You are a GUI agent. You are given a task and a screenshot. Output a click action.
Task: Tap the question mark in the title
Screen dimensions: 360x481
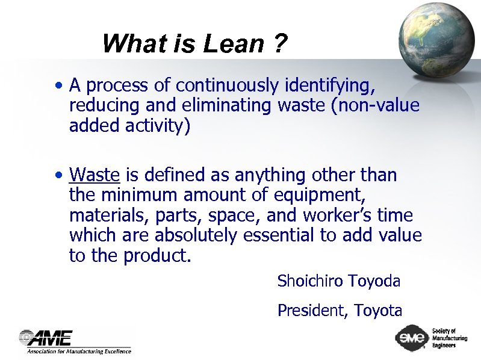280,44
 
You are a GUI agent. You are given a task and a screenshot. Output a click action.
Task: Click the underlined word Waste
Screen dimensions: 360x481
95,175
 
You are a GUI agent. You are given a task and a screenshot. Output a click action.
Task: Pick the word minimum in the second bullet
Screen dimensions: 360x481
135,195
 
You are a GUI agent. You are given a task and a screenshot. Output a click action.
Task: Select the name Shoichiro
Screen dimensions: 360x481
310,281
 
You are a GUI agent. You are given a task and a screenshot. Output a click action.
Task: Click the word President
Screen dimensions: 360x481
312,311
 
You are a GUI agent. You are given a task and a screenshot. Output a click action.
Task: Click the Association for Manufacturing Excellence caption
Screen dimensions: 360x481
78,350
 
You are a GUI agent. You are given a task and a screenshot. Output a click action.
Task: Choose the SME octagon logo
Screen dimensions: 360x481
412,338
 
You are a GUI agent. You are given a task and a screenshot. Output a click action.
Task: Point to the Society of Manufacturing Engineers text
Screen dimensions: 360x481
448,338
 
